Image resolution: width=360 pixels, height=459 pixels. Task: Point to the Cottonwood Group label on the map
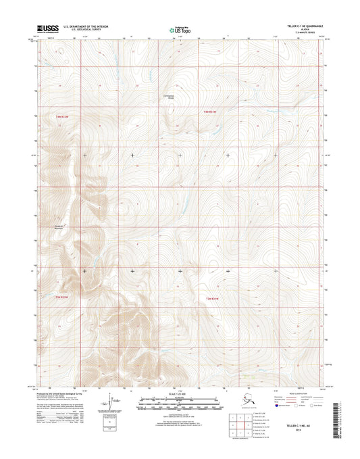point(170,95)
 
